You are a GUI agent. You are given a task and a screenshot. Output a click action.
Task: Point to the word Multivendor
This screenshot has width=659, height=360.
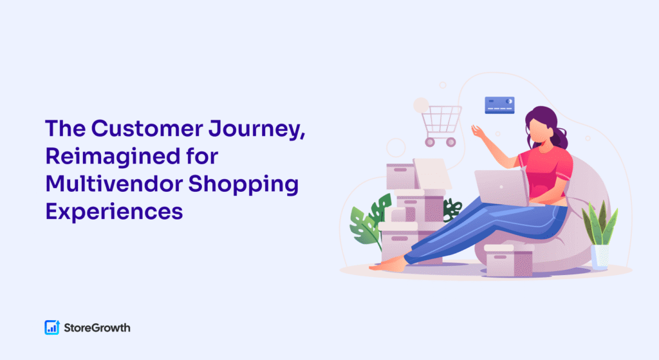113,184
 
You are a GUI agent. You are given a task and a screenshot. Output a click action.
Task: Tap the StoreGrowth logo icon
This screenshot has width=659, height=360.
52,327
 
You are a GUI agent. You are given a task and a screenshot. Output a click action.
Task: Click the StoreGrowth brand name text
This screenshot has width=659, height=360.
97,328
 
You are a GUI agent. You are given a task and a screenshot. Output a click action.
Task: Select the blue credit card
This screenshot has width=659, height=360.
499,105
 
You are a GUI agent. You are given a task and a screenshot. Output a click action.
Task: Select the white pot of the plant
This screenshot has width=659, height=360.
600,256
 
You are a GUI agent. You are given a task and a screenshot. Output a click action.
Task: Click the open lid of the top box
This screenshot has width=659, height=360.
432,173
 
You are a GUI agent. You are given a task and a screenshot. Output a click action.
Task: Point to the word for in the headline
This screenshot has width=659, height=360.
202,156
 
